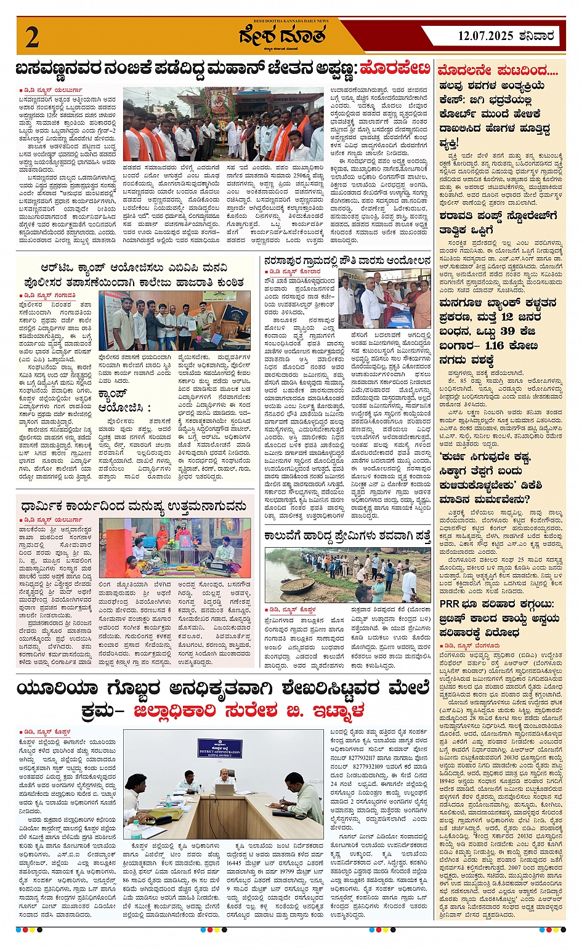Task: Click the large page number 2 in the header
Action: tap(32, 38)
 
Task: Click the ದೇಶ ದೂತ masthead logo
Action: tap(282, 36)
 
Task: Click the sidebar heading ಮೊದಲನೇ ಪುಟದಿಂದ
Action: tap(498, 71)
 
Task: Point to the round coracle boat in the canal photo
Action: tap(297, 585)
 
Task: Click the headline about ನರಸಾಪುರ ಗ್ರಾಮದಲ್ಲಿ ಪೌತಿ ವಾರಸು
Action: tap(347, 261)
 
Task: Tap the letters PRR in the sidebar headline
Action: tap(449, 604)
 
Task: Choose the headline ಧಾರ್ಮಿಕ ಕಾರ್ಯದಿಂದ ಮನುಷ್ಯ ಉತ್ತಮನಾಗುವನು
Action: tap(135, 507)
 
